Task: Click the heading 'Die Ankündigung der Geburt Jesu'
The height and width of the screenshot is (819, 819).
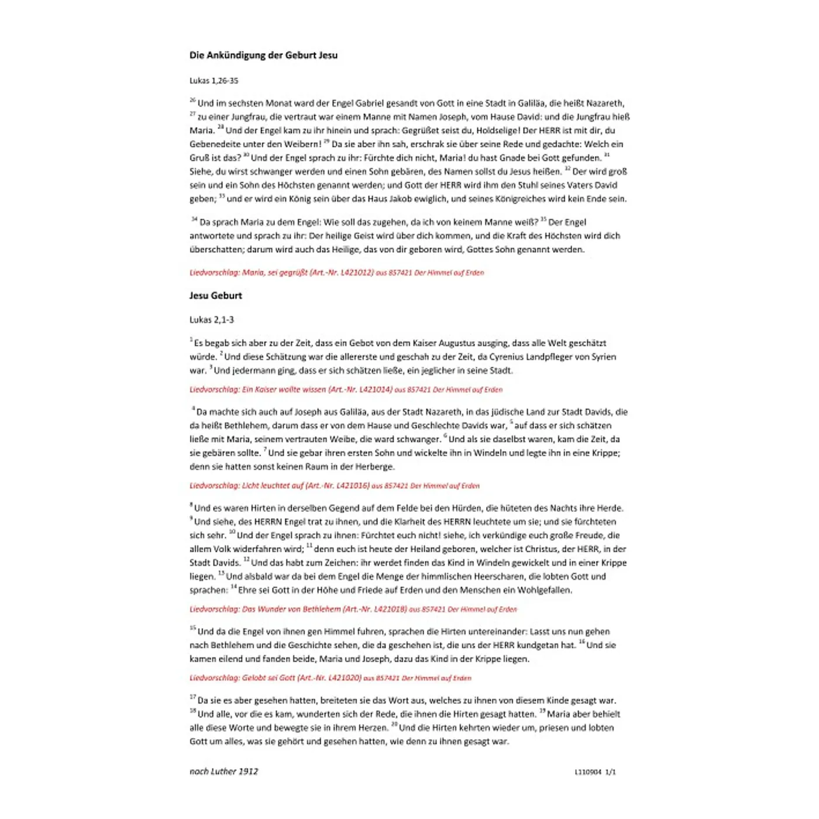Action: (x=263, y=56)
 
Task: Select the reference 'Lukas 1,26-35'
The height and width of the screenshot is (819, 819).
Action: (x=214, y=81)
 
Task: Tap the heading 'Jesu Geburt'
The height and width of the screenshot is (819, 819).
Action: (x=215, y=296)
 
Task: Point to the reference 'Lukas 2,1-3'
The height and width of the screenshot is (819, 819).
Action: (x=212, y=320)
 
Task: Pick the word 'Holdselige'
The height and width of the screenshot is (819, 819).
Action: (x=498, y=130)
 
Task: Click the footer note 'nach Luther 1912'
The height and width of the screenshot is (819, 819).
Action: (x=223, y=772)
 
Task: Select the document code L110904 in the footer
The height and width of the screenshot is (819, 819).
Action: (x=587, y=772)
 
